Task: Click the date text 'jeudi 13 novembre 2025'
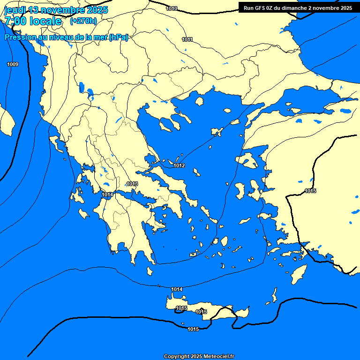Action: coord(56,10)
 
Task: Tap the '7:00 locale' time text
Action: coord(33,21)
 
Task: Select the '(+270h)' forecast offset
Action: coord(83,21)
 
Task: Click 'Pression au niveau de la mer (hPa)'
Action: coord(67,37)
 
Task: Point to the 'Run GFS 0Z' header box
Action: coord(298,7)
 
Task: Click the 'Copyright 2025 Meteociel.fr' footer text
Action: coord(199,356)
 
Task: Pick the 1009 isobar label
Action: coord(13,64)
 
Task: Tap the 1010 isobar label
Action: coord(172,8)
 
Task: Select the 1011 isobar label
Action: coord(187,39)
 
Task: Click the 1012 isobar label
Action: coord(179,165)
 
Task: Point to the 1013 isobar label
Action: coord(132,184)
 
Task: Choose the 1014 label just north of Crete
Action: coord(177,289)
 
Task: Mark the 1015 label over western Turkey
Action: coord(310,191)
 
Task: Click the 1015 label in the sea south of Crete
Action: coord(193,329)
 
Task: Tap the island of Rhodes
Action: coord(298,274)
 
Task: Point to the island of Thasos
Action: coord(199,101)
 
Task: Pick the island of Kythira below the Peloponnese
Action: coord(150,271)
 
